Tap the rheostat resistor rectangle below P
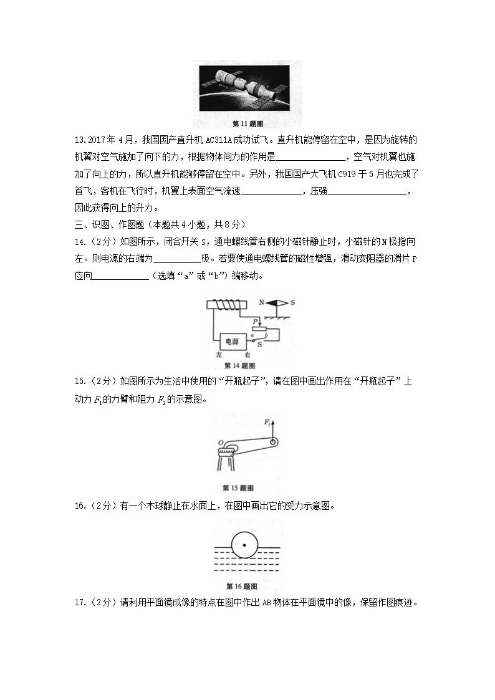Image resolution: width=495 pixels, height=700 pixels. click(259, 329)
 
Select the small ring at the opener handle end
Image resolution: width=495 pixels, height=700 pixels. click(272, 442)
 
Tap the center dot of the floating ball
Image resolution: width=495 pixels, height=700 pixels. click(244, 546)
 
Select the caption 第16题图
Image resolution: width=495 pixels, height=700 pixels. click(242, 586)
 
